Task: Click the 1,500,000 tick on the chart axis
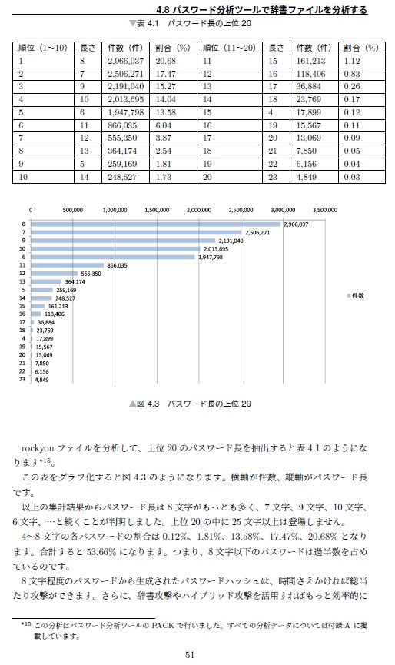point(156,209)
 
